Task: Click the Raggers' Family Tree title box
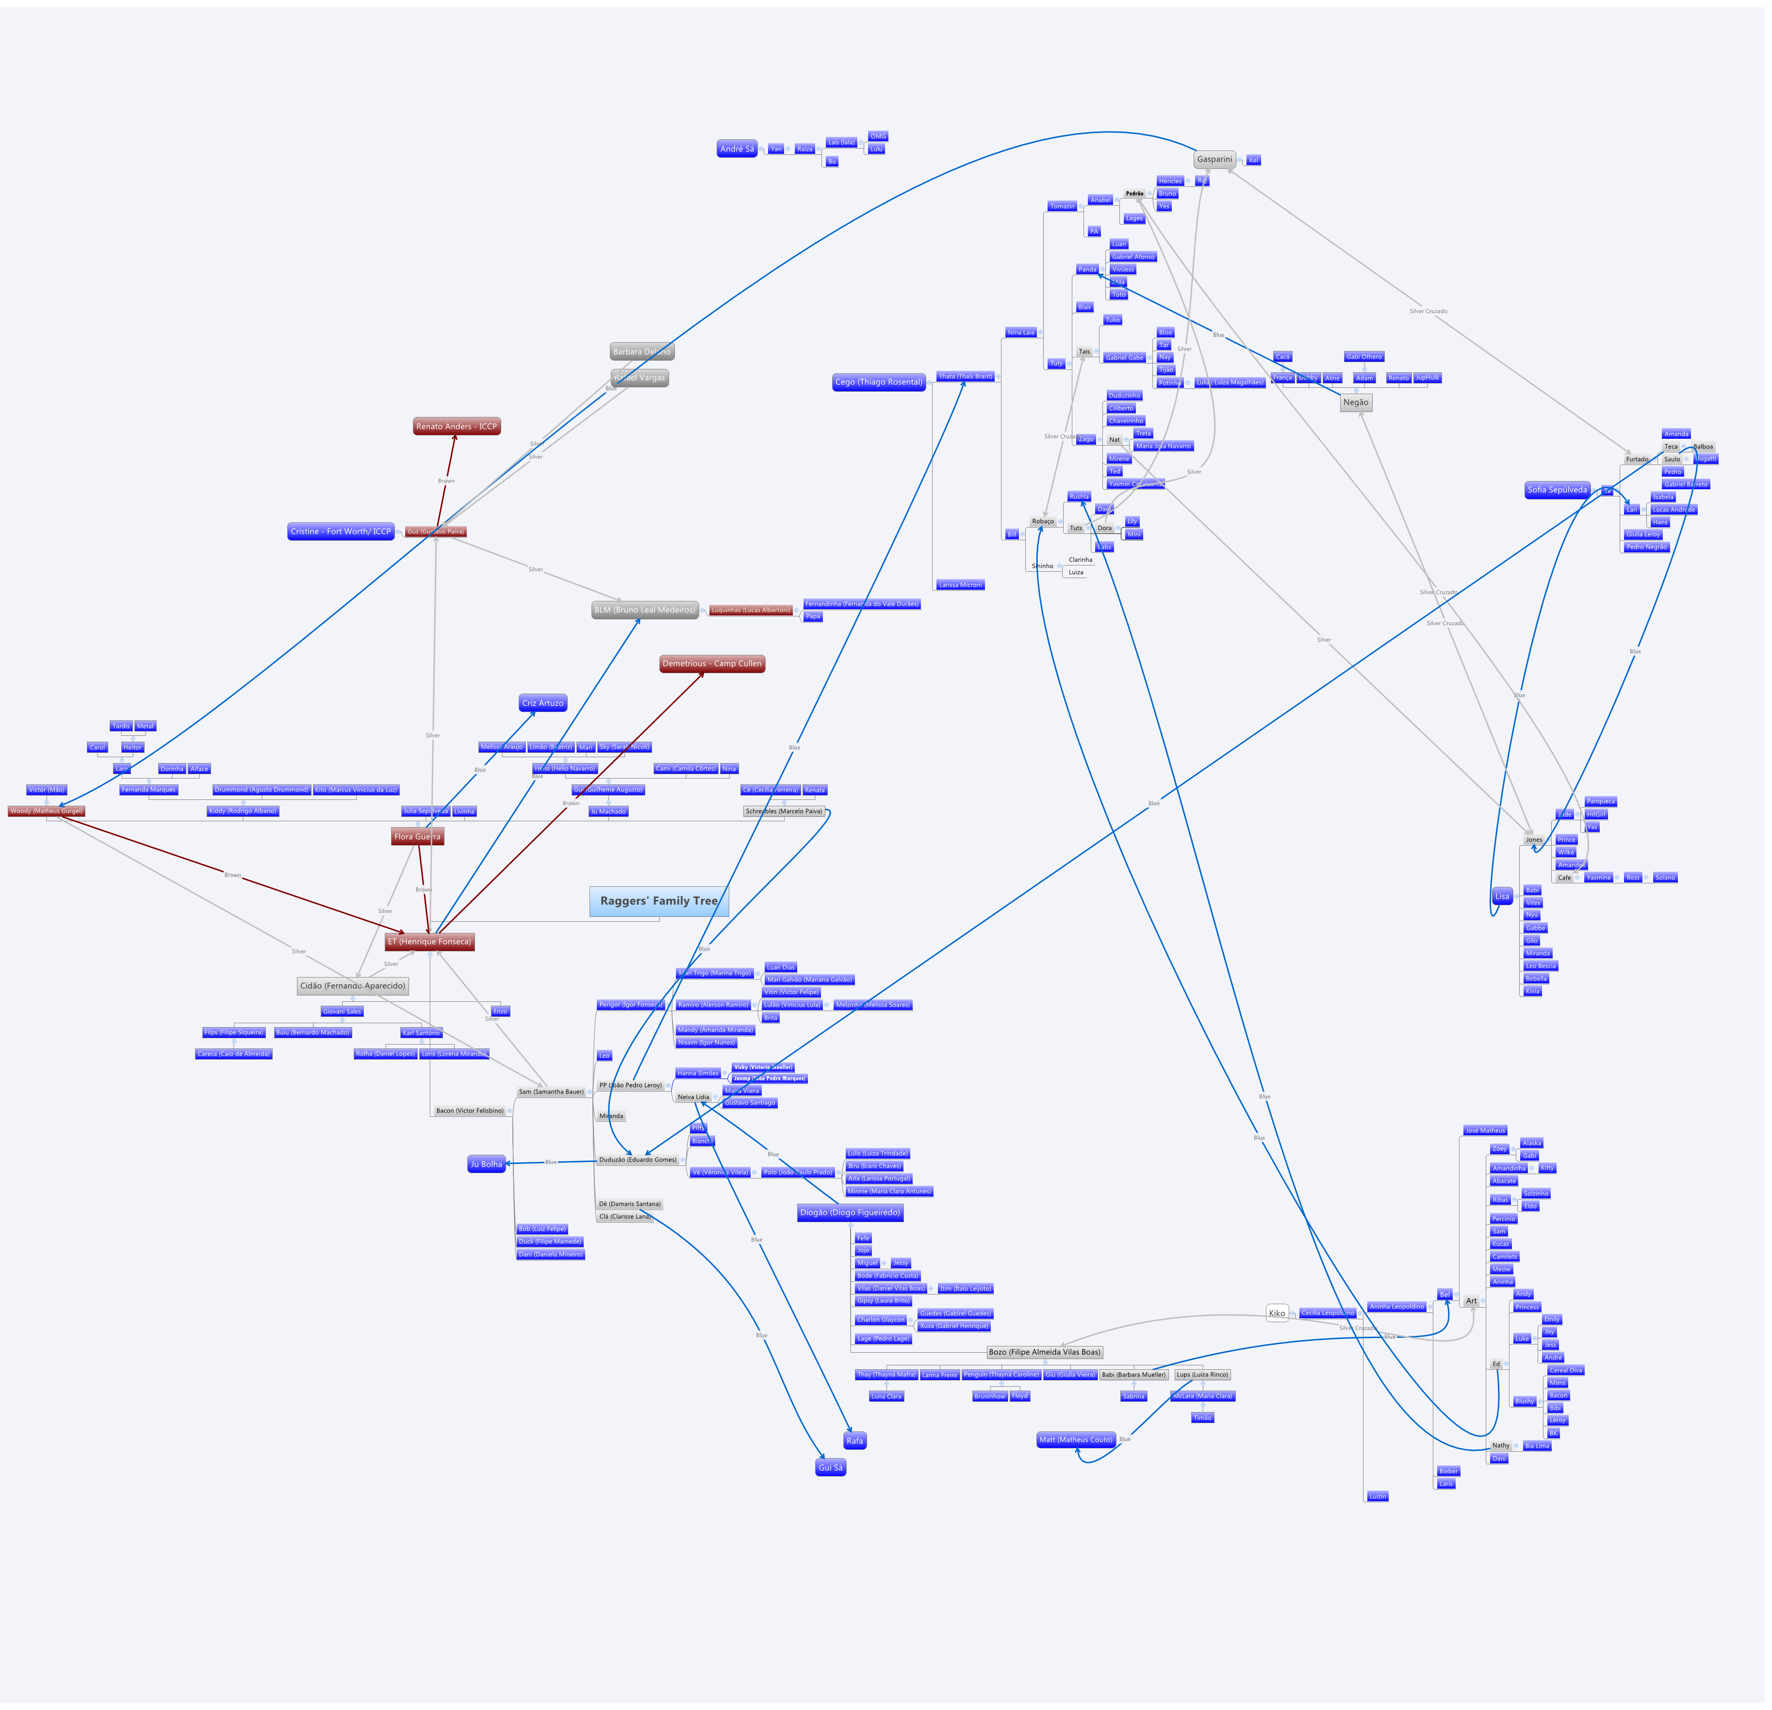click(x=659, y=901)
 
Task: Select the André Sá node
click(x=737, y=149)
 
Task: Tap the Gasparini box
click(x=1214, y=160)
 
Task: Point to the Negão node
click(x=1355, y=403)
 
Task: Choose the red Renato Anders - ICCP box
click(x=457, y=427)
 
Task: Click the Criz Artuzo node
click(x=542, y=703)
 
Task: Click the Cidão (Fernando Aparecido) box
click(x=353, y=987)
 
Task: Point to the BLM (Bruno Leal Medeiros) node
click(x=645, y=611)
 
